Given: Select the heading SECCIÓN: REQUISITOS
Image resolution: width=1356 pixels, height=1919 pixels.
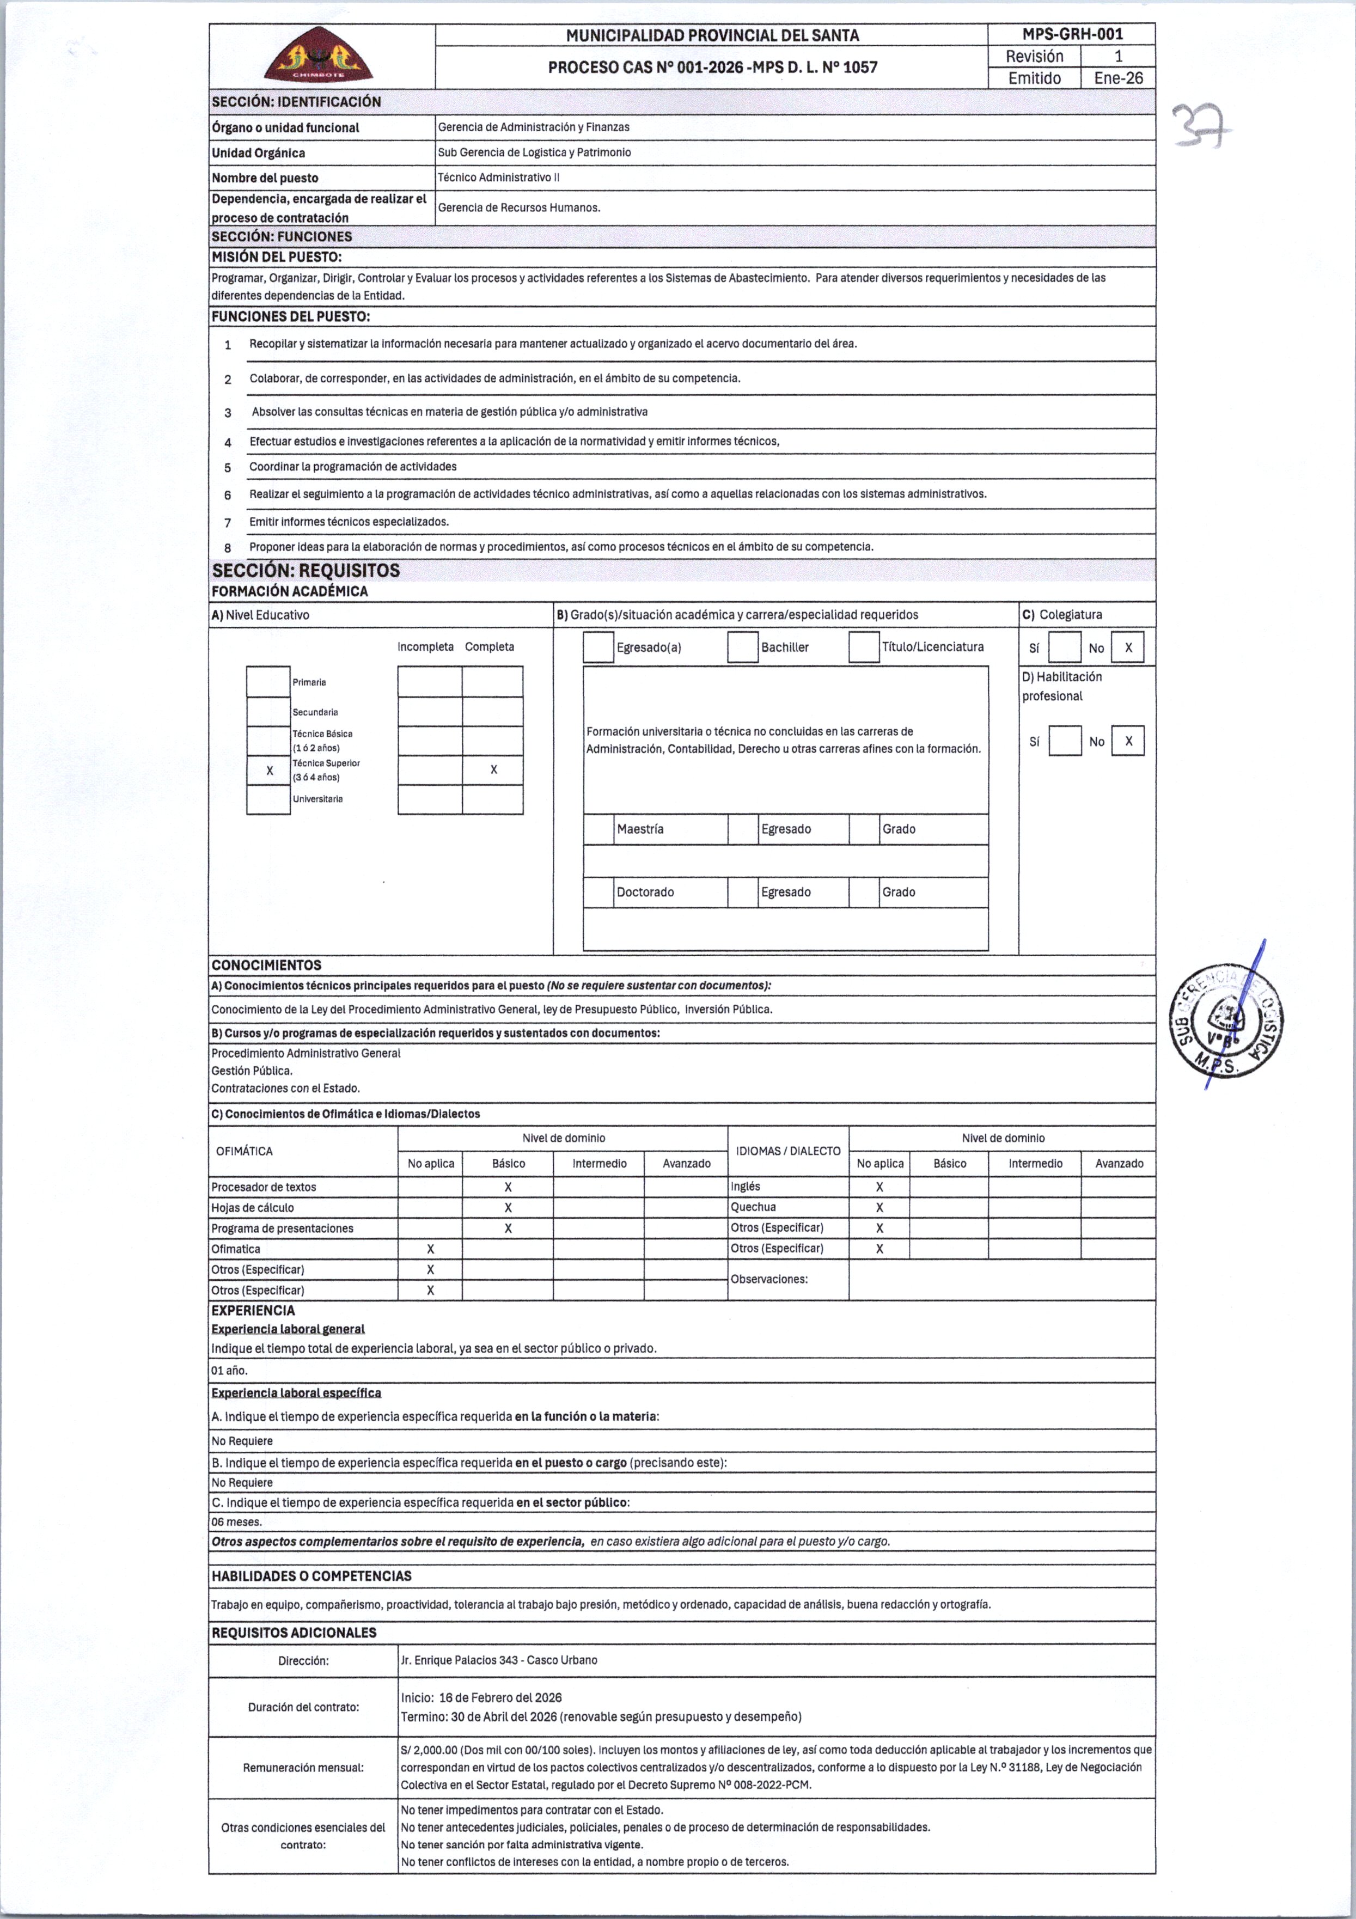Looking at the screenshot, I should (306, 571).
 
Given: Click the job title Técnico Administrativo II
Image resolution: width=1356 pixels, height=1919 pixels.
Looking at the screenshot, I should (498, 177).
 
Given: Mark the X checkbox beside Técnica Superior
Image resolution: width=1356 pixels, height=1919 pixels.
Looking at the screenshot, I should (269, 771).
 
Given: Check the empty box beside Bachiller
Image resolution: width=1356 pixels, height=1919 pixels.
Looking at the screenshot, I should (742, 647).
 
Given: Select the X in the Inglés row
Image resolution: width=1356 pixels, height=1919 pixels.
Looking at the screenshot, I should (879, 1187).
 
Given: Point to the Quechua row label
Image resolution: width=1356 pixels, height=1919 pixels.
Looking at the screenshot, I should (753, 1207).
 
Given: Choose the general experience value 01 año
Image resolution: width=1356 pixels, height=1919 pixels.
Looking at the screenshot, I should (230, 1370).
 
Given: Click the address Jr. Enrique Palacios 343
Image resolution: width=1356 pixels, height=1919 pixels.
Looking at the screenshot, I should (498, 1660).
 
